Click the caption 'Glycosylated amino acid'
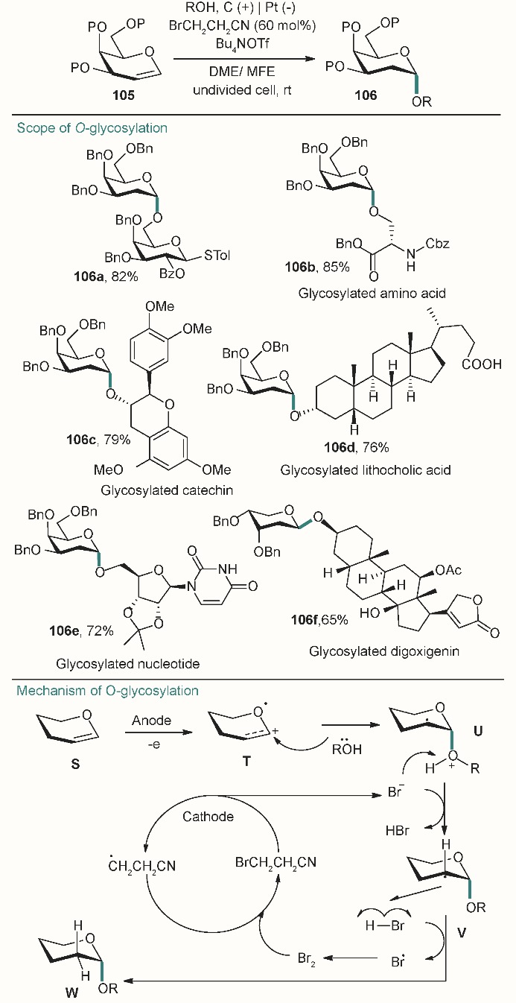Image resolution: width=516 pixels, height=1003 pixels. [372, 293]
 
